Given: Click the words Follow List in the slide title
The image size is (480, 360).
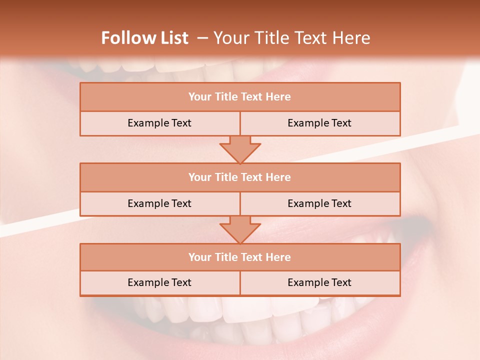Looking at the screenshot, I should coord(145,38).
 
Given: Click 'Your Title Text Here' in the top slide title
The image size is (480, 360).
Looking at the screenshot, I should coord(291,38).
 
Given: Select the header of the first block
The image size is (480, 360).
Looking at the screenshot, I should coord(239,97).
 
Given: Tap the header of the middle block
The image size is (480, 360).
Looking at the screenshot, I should coord(239,177).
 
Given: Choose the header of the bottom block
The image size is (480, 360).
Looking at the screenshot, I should coord(239,257).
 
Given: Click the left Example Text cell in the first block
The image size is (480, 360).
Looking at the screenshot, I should coord(159,123).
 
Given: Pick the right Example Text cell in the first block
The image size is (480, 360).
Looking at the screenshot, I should coord(319,123).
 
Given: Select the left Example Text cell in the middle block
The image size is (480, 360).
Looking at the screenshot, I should coord(159,203).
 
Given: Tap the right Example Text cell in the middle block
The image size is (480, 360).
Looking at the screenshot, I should coord(319,203).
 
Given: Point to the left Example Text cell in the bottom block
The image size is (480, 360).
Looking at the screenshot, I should coord(159,282).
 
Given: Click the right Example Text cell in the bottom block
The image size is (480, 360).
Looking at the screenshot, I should coord(319,282).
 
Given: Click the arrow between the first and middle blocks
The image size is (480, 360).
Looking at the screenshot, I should coord(240,149).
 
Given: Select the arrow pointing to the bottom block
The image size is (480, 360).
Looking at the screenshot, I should coord(240,229).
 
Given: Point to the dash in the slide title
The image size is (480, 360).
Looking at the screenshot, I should coord(202,38).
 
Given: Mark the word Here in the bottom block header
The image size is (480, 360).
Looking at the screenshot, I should coord(278,257).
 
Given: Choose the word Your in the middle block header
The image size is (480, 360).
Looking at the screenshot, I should coord(200,177).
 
